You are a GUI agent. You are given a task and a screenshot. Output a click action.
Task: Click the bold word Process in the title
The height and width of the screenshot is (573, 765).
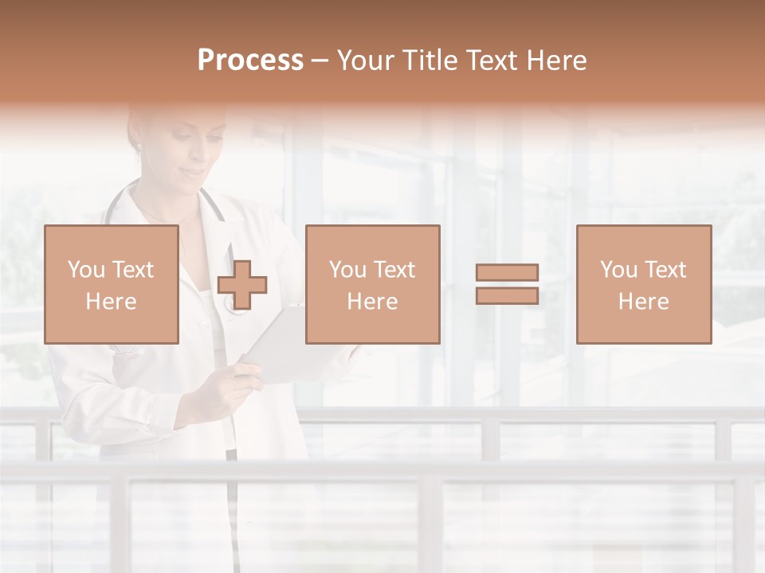click(x=250, y=60)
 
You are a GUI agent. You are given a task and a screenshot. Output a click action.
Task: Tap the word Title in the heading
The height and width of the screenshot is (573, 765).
click(x=427, y=60)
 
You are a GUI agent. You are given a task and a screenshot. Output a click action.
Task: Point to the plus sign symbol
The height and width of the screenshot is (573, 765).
click(x=242, y=285)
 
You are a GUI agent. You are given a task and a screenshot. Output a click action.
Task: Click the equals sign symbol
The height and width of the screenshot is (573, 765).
click(x=507, y=284)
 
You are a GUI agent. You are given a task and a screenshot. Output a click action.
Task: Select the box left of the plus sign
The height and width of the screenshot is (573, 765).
click(x=111, y=284)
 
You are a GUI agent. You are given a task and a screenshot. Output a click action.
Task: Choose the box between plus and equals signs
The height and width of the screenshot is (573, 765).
click(x=372, y=284)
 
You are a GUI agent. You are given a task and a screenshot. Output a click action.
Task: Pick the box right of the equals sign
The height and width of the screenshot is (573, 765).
click(x=643, y=284)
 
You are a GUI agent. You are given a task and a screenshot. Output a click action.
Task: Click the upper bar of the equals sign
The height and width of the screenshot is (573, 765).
click(x=507, y=273)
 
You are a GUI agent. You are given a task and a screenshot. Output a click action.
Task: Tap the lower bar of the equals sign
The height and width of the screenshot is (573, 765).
click(x=507, y=296)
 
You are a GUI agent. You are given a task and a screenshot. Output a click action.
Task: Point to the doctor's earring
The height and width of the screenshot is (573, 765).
click(x=138, y=147)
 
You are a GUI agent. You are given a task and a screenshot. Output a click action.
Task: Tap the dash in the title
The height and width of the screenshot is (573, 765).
click(x=320, y=61)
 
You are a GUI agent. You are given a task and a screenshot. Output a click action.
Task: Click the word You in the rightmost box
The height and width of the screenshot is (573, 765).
click(x=618, y=270)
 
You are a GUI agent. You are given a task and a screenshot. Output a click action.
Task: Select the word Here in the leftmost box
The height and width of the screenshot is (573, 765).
click(x=111, y=302)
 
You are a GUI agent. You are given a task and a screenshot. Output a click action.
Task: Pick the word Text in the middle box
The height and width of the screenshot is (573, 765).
click(x=394, y=270)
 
